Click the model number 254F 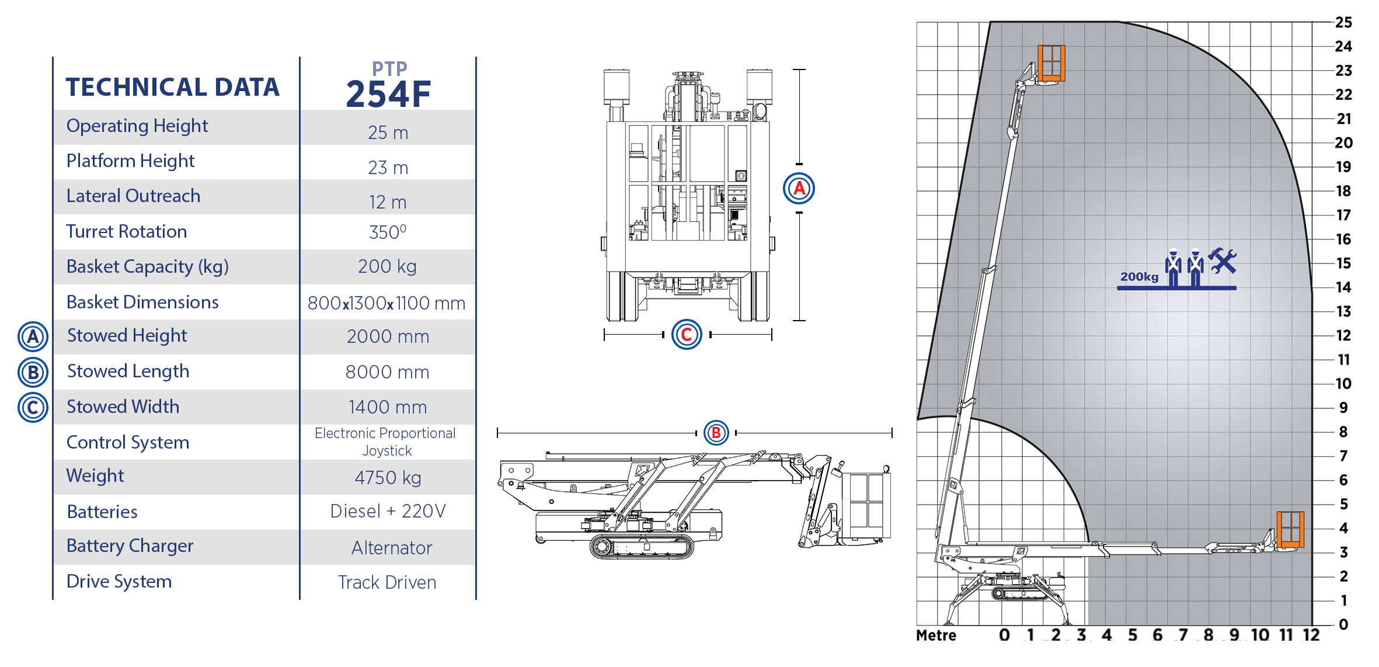[x=388, y=95]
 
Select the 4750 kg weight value [x=388, y=478]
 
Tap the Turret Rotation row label [x=126, y=231]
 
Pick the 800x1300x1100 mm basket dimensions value [x=386, y=303]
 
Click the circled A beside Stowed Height [x=33, y=336]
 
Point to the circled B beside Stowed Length [x=33, y=372]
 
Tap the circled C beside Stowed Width [x=33, y=407]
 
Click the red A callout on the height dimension [x=799, y=188]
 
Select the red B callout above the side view [x=716, y=433]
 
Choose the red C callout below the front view [x=687, y=335]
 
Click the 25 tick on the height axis [x=1343, y=22]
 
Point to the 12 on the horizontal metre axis [x=1311, y=635]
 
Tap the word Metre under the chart [x=936, y=635]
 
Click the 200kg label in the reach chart [x=1139, y=277]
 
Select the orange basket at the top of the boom [x=1051, y=63]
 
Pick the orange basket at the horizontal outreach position [x=1290, y=529]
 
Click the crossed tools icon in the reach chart [x=1222, y=260]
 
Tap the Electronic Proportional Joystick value [x=385, y=442]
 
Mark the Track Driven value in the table [x=387, y=582]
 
